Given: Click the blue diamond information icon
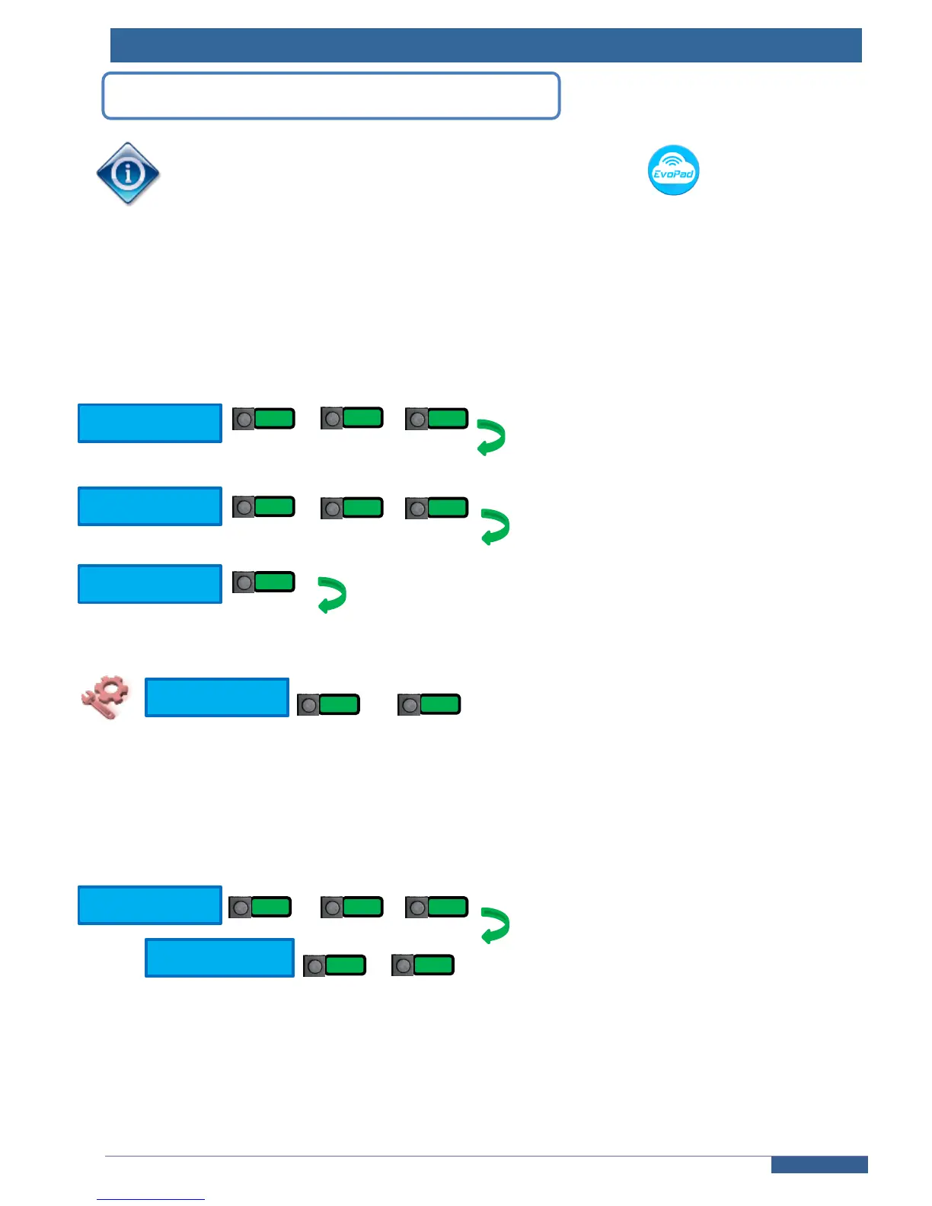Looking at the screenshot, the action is (x=128, y=174).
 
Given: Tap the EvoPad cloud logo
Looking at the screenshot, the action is (x=673, y=170).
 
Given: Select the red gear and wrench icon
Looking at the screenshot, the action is (x=104, y=696).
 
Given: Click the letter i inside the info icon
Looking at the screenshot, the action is (x=128, y=174).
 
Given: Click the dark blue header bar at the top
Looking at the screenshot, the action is (x=486, y=45).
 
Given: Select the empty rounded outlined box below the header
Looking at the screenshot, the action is (x=331, y=96).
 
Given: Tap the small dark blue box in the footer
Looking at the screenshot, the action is (x=819, y=1164).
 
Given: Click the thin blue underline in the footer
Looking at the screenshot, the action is (x=151, y=1199).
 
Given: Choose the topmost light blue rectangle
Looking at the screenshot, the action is (x=150, y=423).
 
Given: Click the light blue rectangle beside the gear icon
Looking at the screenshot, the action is (x=217, y=697).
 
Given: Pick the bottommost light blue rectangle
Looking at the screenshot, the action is (x=219, y=957).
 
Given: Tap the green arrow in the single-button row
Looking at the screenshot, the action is (x=332, y=595).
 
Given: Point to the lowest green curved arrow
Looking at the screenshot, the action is (x=495, y=925).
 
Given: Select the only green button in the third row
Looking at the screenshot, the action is (x=273, y=582).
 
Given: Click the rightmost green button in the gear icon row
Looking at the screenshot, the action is (x=439, y=704).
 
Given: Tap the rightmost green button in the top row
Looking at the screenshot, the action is (x=447, y=419).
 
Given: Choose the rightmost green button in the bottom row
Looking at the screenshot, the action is (x=432, y=965).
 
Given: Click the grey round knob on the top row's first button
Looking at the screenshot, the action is (x=244, y=420).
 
